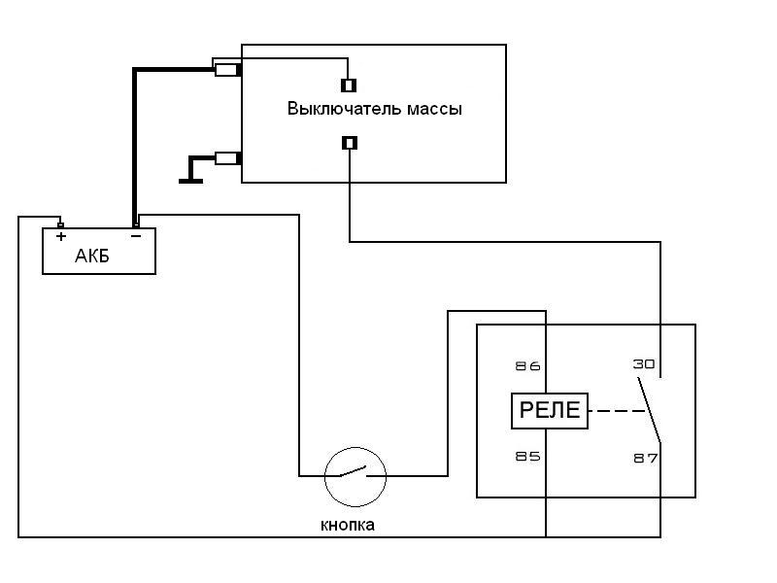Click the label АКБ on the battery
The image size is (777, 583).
91,256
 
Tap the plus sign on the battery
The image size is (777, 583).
61,236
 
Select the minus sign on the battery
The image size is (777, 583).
136,236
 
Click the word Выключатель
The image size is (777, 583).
344,109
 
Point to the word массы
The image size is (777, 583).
434,110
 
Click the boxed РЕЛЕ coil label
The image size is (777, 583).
550,410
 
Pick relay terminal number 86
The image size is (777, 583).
527,366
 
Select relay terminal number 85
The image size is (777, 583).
527,456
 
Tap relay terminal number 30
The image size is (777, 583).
644,364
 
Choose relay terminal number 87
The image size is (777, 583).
646,458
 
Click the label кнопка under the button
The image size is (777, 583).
348,525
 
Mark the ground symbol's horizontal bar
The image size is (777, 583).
190,182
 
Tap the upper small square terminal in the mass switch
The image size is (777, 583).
349,86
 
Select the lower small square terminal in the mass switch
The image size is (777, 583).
350,143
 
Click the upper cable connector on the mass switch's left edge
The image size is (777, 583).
228,70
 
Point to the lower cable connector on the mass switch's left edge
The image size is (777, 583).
228,158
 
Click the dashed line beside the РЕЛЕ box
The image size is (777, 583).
617,411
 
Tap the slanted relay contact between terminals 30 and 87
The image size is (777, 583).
649,410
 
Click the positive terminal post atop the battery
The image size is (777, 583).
60,225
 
